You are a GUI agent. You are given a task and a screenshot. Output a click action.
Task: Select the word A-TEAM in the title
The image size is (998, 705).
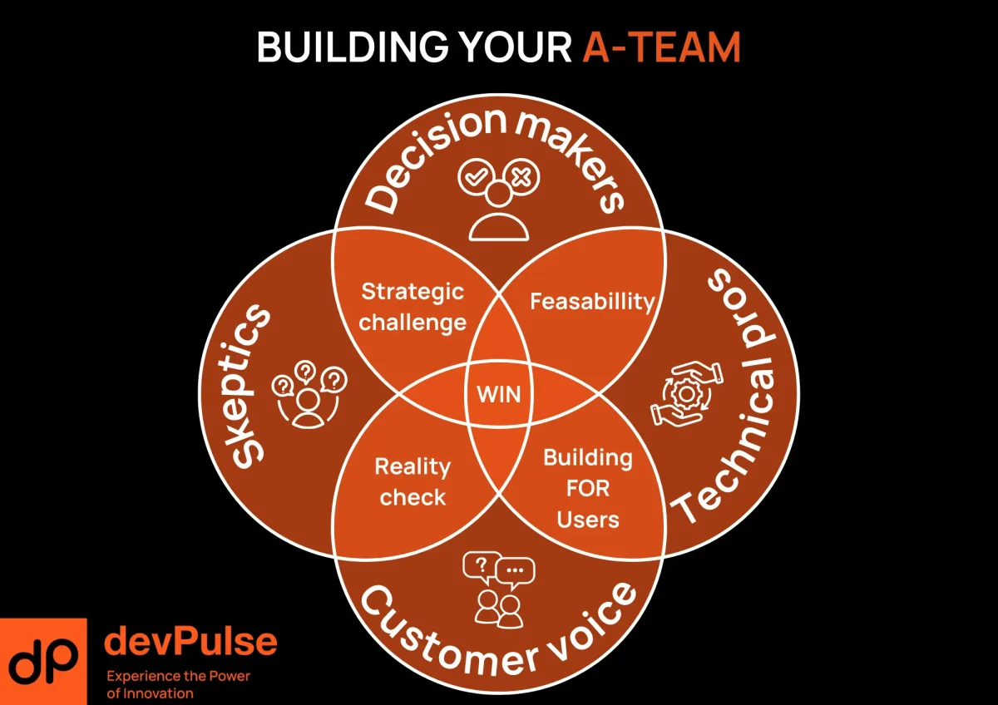coord(661,48)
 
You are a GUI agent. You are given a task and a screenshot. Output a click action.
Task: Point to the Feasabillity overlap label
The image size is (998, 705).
coord(592,300)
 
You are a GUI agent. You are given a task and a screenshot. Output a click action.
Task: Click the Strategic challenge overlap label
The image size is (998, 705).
coord(413,307)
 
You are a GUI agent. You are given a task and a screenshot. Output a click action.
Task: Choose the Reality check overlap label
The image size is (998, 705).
coord(412,481)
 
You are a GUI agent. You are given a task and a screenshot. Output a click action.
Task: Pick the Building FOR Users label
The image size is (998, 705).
coord(588,488)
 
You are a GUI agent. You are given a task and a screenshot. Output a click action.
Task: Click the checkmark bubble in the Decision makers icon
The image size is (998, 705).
coord(475,177)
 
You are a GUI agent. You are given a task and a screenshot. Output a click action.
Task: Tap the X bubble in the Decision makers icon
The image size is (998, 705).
coord(523,177)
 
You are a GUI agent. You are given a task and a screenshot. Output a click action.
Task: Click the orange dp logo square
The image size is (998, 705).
coord(43,661)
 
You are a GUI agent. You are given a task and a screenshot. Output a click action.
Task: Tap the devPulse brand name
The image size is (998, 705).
coord(190,641)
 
